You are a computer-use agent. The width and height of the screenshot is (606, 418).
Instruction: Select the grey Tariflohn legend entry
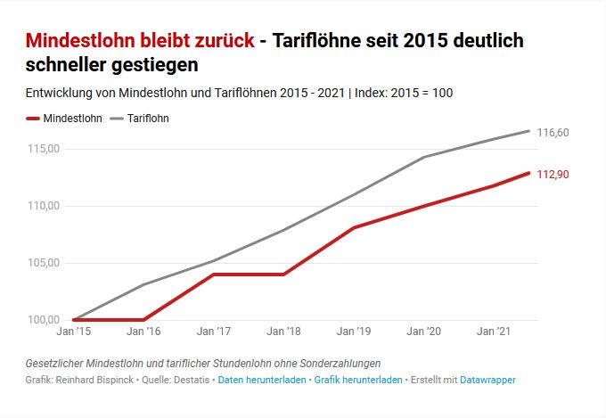point(140,118)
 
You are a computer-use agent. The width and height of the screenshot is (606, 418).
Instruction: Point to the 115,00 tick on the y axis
point(43,149)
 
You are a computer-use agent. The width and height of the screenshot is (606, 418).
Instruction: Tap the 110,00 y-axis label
point(43,206)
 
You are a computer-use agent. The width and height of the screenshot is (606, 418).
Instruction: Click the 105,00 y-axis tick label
point(43,263)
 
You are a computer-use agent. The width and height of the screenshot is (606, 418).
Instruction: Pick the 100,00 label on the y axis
point(43,320)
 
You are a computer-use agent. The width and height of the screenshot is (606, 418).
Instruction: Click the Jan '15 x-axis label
point(73,332)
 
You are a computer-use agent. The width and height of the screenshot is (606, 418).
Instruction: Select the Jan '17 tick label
point(213,332)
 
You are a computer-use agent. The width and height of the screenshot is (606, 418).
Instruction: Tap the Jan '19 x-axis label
point(354,332)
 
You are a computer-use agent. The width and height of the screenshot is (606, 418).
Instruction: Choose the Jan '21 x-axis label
point(494,332)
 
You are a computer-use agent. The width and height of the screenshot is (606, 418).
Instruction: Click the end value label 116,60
point(553,132)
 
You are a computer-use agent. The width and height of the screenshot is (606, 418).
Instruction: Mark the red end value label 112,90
point(553,175)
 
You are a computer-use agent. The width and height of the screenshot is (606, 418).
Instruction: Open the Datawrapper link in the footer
point(487,380)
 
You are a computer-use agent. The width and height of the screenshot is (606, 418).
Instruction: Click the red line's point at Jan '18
point(283,275)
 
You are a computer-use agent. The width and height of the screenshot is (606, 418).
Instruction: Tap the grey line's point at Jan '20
point(423,158)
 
